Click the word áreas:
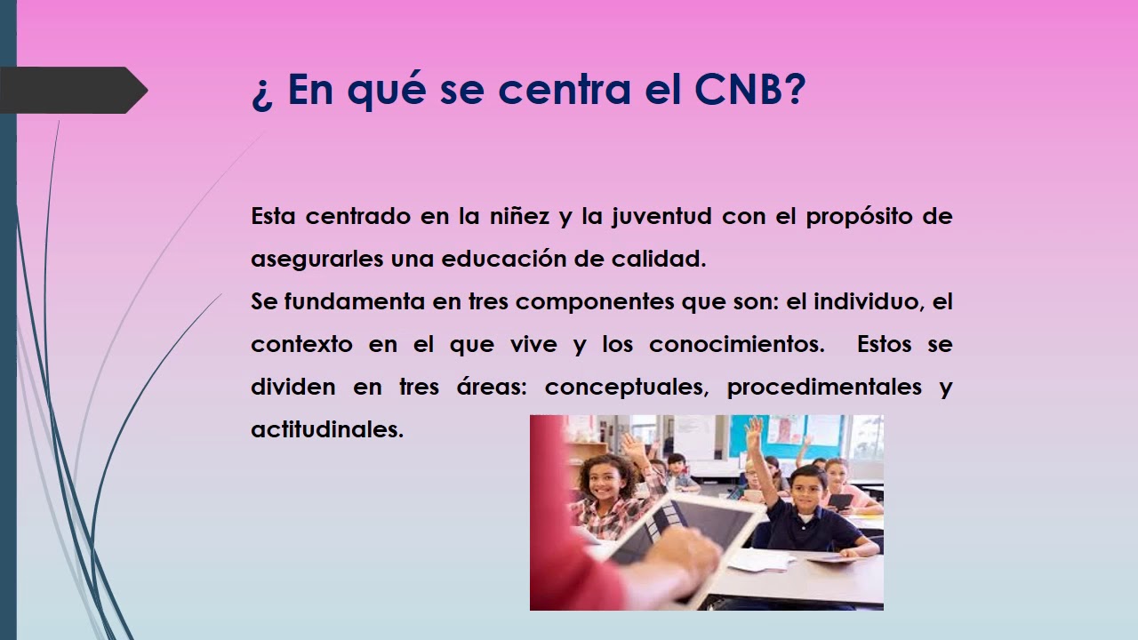pyautogui.click(x=485, y=388)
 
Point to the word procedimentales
pyautogui.click(x=823, y=388)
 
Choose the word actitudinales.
pyautogui.click(x=327, y=429)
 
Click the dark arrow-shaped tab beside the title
pyautogui.click(x=71, y=90)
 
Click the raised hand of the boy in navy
pyautogui.click(x=754, y=433)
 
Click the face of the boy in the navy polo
pyautogui.click(x=805, y=491)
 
